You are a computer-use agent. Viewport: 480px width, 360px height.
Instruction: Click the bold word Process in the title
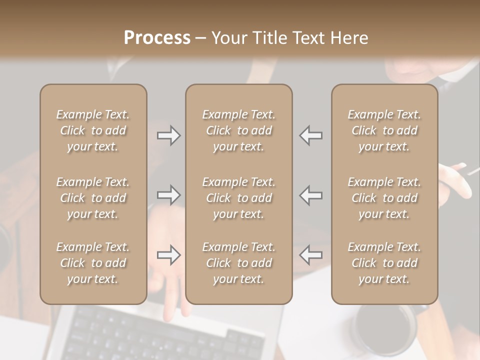tap(157, 38)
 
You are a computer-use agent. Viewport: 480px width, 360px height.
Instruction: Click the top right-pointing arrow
tap(168, 135)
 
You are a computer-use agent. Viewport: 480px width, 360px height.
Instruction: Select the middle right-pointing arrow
tap(168, 195)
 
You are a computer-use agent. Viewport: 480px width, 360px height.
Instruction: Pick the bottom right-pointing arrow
tap(168, 255)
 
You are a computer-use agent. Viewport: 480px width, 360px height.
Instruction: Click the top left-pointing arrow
tap(311, 135)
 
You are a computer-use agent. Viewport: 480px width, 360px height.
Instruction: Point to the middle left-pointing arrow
tap(311, 195)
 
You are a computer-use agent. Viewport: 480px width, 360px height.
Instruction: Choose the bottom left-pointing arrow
tap(311, 255)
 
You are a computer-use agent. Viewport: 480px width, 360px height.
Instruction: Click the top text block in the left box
tap(93, 130)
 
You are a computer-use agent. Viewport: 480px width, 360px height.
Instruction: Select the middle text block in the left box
tap(93, 198)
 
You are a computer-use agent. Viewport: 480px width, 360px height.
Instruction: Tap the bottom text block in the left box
tap(93, 263)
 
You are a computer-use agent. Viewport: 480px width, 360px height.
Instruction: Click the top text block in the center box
tap(238, 130)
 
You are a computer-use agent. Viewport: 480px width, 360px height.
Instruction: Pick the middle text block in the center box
tap(238, 198)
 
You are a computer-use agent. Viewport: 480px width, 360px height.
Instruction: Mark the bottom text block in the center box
tap(238, 263)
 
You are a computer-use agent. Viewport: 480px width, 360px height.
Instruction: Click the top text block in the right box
tap(384, 130)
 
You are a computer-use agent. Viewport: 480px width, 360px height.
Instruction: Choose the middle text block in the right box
tap(384, 198)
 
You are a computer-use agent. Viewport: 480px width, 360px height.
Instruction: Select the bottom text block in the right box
tap(384, 263)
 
